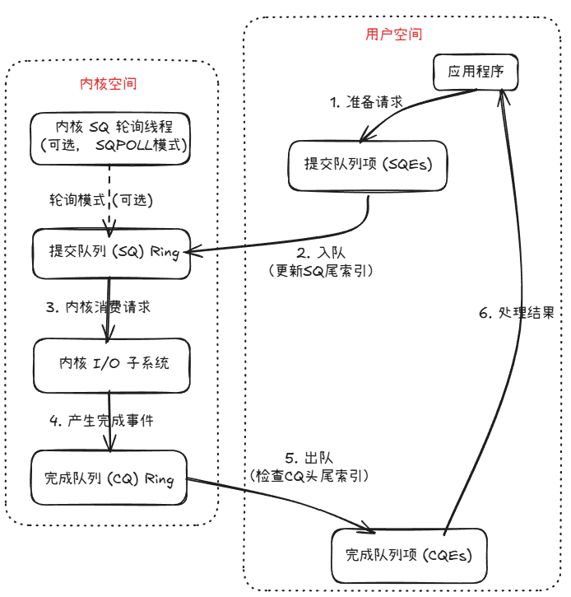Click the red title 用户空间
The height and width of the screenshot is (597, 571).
(393, 35)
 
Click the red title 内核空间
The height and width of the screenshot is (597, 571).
(108, 84)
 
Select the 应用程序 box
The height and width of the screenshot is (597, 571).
(475, 72)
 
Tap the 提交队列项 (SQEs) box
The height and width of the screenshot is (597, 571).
(368, 164)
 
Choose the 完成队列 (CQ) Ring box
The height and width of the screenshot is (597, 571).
(109, 478)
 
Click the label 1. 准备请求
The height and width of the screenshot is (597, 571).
(366, 103)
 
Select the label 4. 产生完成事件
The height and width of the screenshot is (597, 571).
(100, 420)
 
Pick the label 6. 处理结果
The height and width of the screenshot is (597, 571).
(517, 313)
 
